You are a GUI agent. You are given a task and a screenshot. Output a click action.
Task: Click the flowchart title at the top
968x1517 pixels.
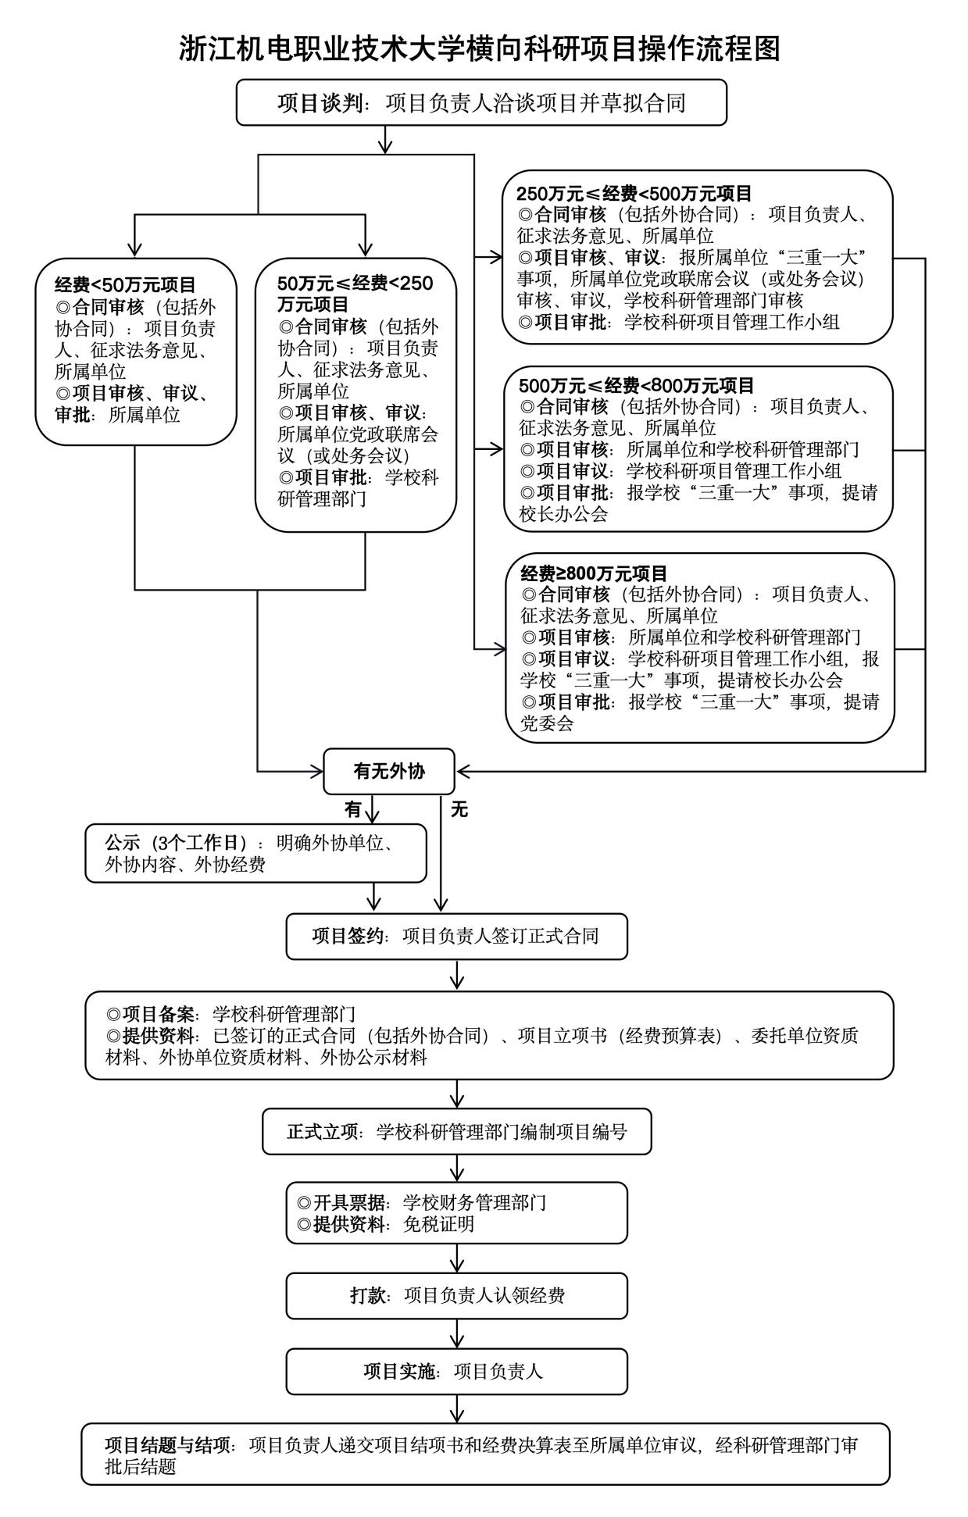coord(480,48)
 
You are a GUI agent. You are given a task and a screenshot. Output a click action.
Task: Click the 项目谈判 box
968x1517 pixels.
coord(481,102)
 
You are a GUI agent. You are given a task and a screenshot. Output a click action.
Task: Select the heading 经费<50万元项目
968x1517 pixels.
coord(125,285)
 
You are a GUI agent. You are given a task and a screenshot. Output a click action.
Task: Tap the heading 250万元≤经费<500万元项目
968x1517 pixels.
coord(634,193)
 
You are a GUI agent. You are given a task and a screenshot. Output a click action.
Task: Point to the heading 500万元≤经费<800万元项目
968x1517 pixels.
coord(637,386)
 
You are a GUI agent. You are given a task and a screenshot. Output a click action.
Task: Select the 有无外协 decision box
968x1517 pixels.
coord(389,772)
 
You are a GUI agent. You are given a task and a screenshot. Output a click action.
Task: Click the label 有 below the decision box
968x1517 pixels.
coord(353,809)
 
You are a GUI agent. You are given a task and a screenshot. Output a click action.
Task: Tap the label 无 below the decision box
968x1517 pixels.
coord(459,809)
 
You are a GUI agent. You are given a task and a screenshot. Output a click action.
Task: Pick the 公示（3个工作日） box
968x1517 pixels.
coord(256,854)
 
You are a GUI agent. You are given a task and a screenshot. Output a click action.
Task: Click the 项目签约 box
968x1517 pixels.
coord(457,936)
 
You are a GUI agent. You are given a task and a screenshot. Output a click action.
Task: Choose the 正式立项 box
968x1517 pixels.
coord(457,1132)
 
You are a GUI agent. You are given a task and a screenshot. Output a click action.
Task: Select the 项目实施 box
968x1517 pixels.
coord(457,1371)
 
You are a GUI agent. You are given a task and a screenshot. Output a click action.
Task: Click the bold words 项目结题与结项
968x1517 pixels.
coord(169,1445)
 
